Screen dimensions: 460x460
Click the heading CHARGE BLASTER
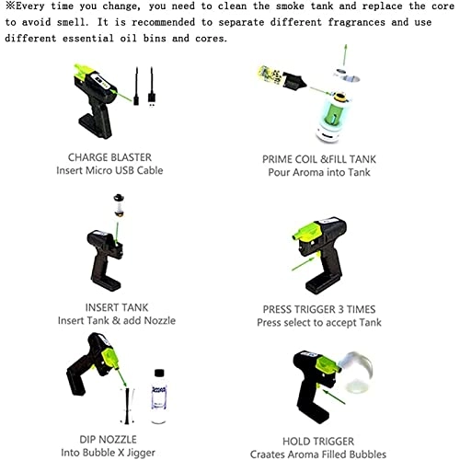(109, 157)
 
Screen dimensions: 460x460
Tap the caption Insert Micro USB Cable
(109, 170)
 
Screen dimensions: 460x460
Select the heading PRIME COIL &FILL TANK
(319, 159)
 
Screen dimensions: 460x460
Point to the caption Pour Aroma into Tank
(319, 172)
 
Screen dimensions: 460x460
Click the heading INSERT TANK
(117, 307)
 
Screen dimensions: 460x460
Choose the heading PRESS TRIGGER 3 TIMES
(319, 309)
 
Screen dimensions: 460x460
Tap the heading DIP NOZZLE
(108, 440)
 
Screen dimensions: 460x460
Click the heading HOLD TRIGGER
(318, 442)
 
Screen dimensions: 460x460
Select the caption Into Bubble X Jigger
(108, 453)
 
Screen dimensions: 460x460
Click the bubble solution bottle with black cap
(159, 397)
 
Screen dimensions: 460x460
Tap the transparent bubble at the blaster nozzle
(357, 373)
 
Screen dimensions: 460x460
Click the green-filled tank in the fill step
(333, 117)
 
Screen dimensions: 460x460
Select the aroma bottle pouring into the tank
(282, 78)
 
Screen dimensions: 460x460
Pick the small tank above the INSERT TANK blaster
(119, 205)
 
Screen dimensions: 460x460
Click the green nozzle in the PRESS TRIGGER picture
(307, 232)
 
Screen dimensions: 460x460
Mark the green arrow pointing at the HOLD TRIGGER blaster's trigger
(334, 397)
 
